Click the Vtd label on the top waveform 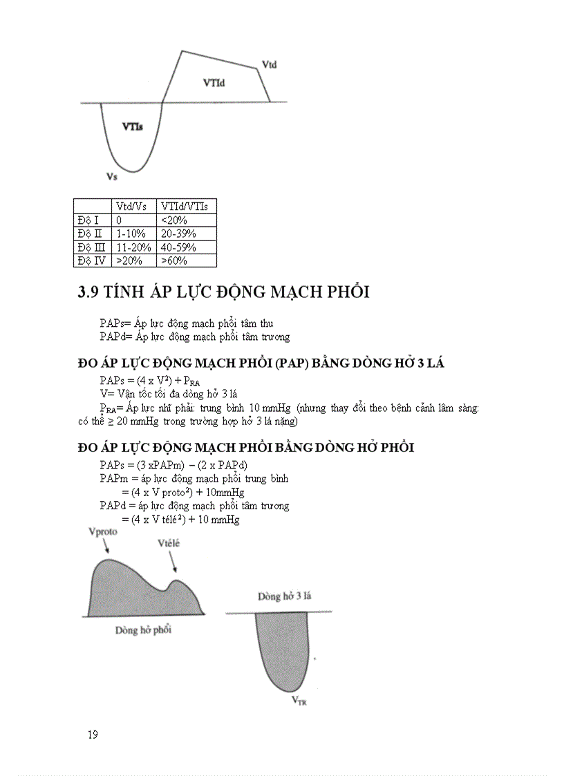tap(270, 65)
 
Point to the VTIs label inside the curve tap(133, 126)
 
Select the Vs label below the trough tap(111, 177)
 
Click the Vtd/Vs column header tap(131, 207)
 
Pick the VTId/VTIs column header tap(184, 207)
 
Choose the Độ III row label tap(92, 247)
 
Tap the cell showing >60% tap(173, 261)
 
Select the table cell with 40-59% tap(178, 247)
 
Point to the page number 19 tap(93, 734)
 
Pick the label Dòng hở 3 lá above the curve tap(284, 596)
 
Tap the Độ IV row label tap(92, 261)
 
